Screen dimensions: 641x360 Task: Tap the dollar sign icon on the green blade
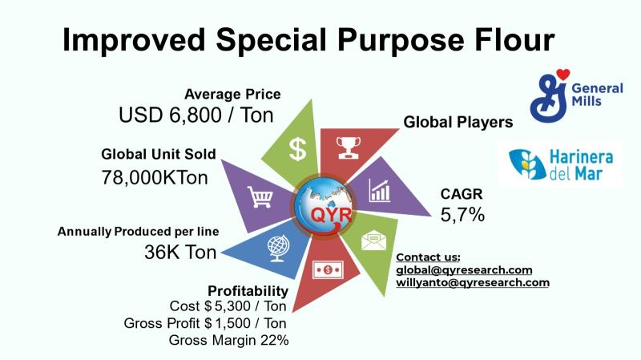pyautogui.click(x=297, y=149)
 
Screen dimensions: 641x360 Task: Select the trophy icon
pyautogui.click(x=349, y=148)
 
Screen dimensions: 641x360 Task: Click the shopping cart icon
pyautogui.click(x=260, y=197)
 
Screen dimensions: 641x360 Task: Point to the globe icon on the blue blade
pyautogui.click(x=278, y=249)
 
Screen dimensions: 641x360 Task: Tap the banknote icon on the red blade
pyautogui.click(x=328, y=270)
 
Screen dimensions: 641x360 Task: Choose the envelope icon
pyautogui.click(x=373, y=241)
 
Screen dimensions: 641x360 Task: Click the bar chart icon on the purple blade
pyautogui.click(x=380, y=190)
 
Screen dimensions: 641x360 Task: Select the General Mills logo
pyautogui.click(x=576, y=95)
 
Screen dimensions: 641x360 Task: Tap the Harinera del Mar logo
pyautogui.click(x=561, y=164)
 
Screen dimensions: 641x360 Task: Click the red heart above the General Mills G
pyautogui.click(x=563, y=74)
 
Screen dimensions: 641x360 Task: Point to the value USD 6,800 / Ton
pyautogui.click(x=196, y=115)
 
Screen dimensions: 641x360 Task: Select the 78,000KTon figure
pyautogui.click(x=155, y=177)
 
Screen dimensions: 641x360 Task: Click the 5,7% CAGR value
pyautogui.click(x=462, y=215)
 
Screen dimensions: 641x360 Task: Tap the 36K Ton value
pyautogui.click(x=179, y=252)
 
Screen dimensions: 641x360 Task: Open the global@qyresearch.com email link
pyautogui.click(x=464, y=270)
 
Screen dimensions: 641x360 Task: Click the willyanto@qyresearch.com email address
pyautogui.click(x=473, y=283)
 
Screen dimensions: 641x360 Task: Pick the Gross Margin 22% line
pyautogui.click(x=228, y=340)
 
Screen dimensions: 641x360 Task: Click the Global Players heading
pyautogui.click(x=458, y=122)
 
